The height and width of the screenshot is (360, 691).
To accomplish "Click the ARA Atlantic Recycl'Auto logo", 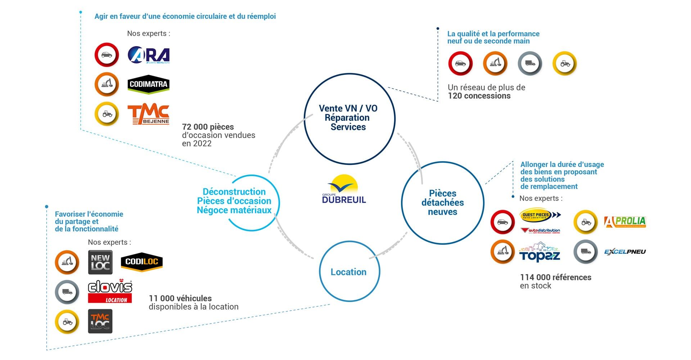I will pos(148,55).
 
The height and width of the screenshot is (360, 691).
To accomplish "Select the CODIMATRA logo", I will pos(148,84).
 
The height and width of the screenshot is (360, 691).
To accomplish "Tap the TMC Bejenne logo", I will pos(148,114).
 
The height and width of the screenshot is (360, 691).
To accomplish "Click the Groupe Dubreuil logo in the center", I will pos(344,190).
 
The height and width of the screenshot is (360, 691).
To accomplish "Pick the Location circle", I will pos(349,272).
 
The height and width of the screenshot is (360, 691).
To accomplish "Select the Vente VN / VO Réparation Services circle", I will pos(348,118).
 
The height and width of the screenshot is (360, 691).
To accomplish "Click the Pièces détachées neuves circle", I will pos(442,203).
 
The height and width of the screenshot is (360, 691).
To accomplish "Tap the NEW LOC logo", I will pos(100,262).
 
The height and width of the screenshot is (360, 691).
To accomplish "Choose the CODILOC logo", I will pos(141,262).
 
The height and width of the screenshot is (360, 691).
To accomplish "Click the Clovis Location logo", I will pos(110,291).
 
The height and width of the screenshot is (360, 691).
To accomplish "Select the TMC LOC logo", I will pos(100,321).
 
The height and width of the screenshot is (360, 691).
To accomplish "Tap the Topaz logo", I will pos(539,252).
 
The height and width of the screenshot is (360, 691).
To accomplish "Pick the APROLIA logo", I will pos(625,222).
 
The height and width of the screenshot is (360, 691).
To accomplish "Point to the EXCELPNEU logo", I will pos(625,252).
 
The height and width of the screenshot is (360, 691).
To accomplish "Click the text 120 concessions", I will pos(479,96).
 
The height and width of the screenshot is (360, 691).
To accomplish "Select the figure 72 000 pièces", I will pos(208,127).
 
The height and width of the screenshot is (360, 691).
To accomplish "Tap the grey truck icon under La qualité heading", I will pos(530,63).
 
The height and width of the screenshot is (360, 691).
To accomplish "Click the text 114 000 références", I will pos(555,277).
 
